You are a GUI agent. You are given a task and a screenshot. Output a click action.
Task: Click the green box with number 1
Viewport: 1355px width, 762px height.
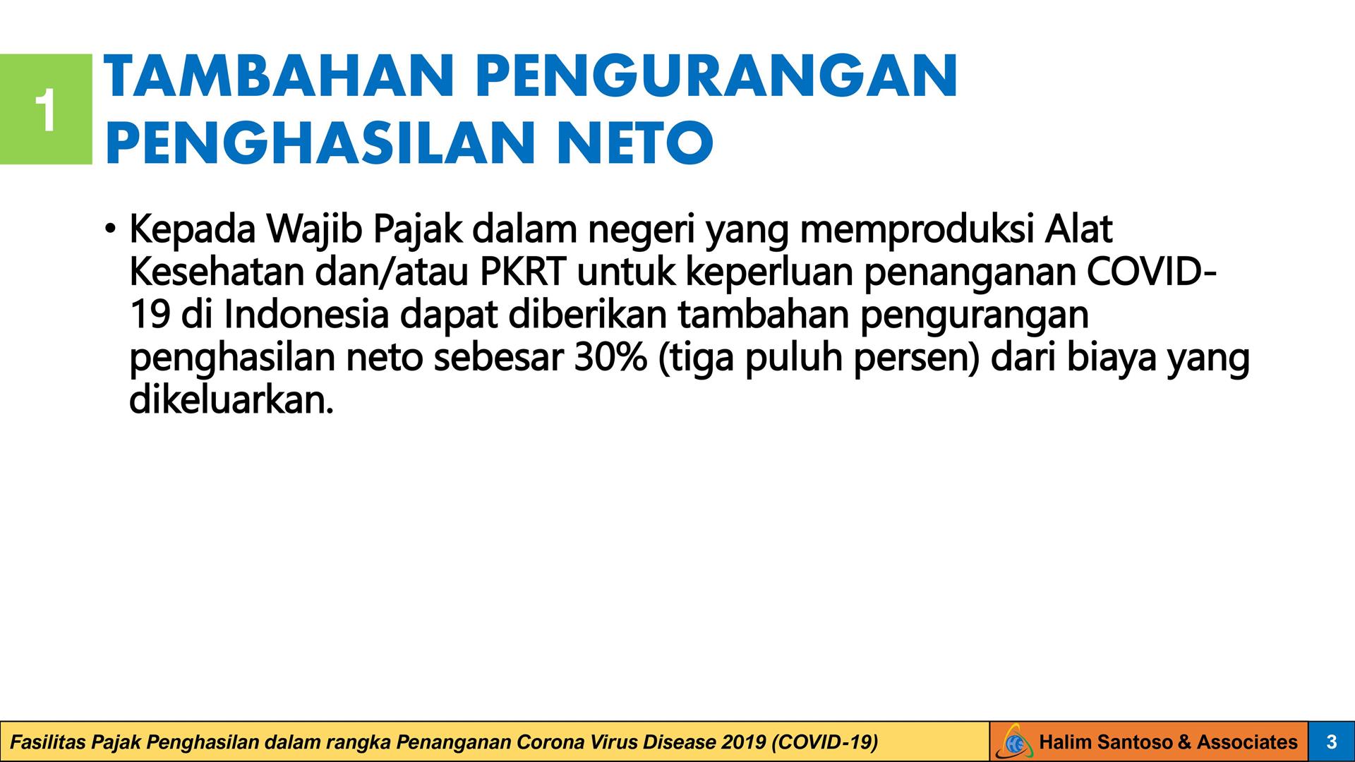[46, 109]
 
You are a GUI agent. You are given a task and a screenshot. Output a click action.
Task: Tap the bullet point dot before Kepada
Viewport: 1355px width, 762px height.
[110, 229]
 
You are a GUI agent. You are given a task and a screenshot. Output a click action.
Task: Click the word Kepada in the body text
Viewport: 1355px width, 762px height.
[192, 230]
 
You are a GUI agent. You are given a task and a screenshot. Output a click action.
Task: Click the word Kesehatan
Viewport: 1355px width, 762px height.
[217, 272]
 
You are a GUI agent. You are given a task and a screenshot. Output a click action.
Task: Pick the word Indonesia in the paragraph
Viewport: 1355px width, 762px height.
[307, 315]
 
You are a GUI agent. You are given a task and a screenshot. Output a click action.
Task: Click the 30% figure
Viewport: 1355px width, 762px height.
[610, 358]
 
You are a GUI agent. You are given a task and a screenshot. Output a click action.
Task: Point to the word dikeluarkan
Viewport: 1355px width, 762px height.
[231, 400]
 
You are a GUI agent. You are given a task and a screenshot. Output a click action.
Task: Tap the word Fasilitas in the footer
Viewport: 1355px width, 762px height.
[47, 742]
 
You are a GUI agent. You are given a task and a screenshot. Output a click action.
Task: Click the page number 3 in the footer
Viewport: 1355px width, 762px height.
[1332, 742]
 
